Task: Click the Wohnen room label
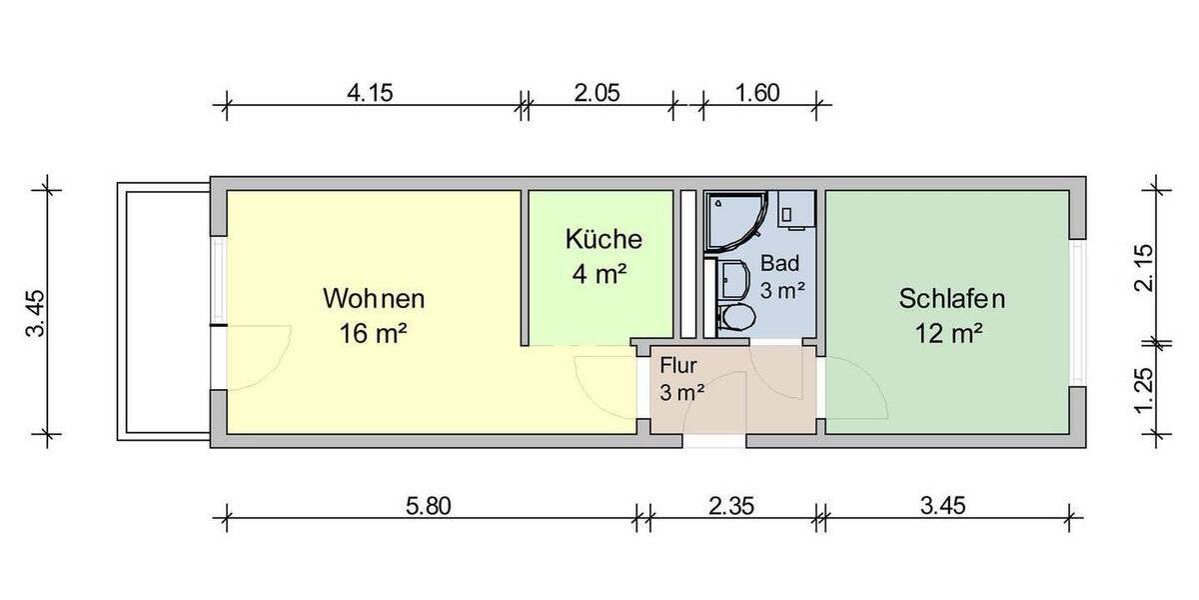374,298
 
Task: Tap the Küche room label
602,240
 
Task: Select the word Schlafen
951,298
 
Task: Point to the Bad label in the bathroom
779,264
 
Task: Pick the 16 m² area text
374,334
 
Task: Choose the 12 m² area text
951,334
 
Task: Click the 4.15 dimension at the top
371,93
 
